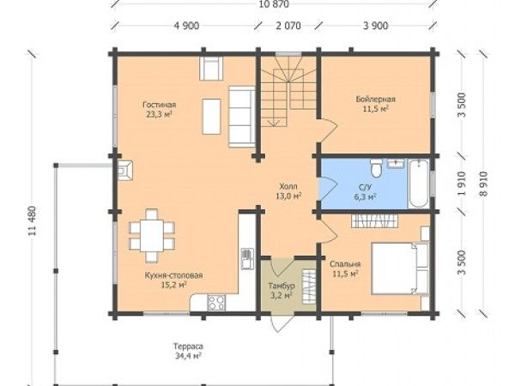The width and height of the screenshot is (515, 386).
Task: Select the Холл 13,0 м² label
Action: tap(288, 191)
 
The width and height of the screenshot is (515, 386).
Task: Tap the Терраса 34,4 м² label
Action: tap(188, 351)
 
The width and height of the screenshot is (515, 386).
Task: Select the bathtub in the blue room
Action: tap(418, 184)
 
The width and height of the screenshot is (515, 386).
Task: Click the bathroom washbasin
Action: tap(397, 164)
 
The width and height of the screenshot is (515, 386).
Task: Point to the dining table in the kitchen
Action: tap(152, 236)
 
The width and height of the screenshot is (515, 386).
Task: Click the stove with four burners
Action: tap(216, 303)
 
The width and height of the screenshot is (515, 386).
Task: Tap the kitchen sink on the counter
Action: tap(247, 259)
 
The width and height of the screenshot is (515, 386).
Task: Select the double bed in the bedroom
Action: tap(400, 268)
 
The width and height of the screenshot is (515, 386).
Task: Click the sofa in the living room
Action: tap(242, 117)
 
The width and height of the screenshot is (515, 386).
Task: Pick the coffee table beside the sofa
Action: tap(211, 117)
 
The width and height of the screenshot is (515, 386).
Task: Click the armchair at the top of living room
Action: tap(211, 69)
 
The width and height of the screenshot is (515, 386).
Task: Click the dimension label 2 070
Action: tap(288, 26)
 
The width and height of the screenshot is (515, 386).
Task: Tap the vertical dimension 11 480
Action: tap(32, 220)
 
